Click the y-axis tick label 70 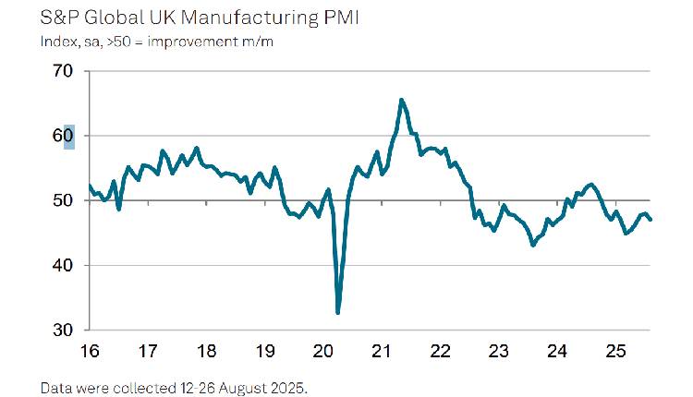(x=64, y=71)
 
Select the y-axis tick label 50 (x=64, y=200)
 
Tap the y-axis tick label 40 (x=64, y=265)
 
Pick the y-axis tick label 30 (x=64, y=330)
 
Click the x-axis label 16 (x=90, y=351)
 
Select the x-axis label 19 (x=264, y=351)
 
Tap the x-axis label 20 (x=323, y=351)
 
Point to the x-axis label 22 (x=440, y=351)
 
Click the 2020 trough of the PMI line (x=338, y=313)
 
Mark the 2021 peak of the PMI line (x=401, y=100)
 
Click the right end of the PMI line (x=650, y=220)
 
